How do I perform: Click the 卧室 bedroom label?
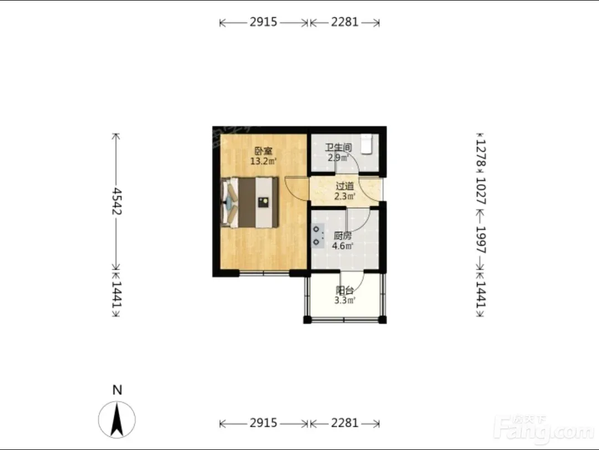pyautogui.click(x=263, y=151)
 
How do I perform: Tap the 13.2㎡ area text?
pyautogui.click(x=263, y=161)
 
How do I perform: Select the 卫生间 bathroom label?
pyautogui.click(x=338, y=147)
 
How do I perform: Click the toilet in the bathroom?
pyautogui.click(x=367, y=144)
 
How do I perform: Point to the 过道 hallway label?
pyautogui.click(x=344, y=186)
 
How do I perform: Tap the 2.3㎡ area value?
pyautogui.click(x=345, y=197)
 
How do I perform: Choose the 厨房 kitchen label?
pyautogui.click(x=342, y=236)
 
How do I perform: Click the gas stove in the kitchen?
pyautogui.click(x=318, y=236)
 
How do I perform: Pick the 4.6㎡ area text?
pyautogui.click(x=342, y=246)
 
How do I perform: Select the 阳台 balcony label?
pyautogui.click(x=344, y=290)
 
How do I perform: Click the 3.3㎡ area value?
pyautogui.click(x=345, y=300)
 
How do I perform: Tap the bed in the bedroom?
pyautogui.click(x=250, y=202)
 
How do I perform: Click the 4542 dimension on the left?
pyautogui.click(x=116, y=202)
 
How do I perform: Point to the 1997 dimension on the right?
pyautogui.click(x=480, y=240)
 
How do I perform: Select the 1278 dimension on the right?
pyautogui.click(x=481, y=153)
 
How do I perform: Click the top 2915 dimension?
pyautogui.click(x=263, y=22)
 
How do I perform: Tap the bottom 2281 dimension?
pyautogui.click(x=344, y=423)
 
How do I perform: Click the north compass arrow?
pyautogui.click(x=116, y=420)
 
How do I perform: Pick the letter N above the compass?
pyautogui.click(x=117, y=390)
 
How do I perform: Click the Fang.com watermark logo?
pyautogui.click(x=544, y=431)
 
